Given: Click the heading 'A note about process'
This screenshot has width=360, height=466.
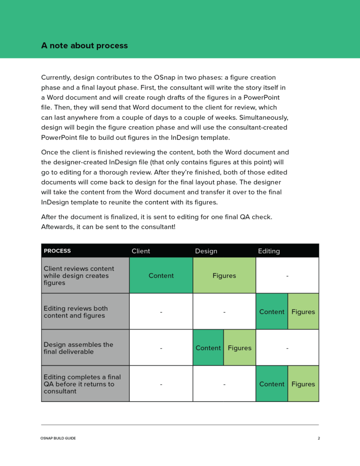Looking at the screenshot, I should pos(84,46).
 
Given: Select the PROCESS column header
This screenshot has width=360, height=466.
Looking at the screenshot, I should pos(57,251).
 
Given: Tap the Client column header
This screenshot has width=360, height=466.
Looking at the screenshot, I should pos(141,251).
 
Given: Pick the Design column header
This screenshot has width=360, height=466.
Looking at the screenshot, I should pos(206,251).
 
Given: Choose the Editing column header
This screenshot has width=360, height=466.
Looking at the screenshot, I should pos(269,251).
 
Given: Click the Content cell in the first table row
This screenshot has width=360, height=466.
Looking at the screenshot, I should pos(161,275).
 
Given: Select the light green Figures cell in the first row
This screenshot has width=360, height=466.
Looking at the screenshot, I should pos(224,275).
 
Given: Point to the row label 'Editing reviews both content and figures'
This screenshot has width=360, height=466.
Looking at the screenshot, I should pos(76,312).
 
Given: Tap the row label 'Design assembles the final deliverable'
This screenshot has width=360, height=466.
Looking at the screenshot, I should pos(78,348).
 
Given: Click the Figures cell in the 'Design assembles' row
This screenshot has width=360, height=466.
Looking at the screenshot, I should pos(239,348).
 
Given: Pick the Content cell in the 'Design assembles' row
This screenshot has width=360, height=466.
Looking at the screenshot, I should pos(208,348).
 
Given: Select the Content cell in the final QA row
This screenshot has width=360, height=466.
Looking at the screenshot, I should pos(272,384).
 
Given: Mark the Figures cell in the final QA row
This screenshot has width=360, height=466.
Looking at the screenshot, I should pos(303,384).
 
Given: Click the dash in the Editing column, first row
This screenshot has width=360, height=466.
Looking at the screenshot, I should pos(287,275).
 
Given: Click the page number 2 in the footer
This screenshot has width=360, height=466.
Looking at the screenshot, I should pos(319,438).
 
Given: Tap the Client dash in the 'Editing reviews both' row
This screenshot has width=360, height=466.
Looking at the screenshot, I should pos(161,312).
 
